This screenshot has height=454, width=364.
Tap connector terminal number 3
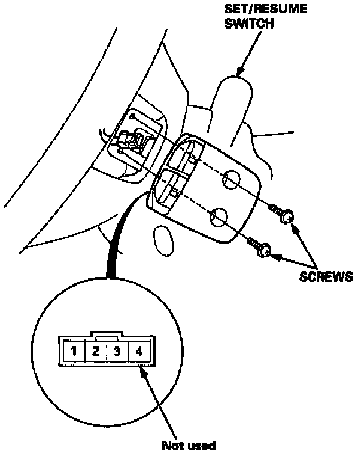coord(117,351)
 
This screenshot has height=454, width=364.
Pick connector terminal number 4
coord(139,351)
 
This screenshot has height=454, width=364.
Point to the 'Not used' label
coord(189,445)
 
